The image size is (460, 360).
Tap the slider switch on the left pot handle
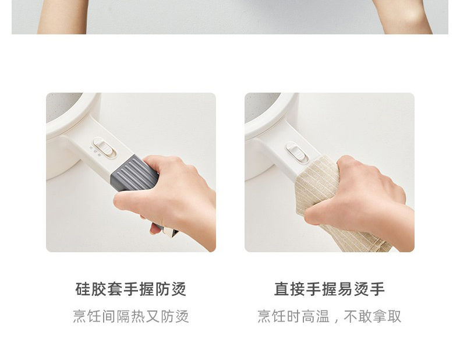tap(104, 147)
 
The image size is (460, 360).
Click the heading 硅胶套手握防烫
tap(131, 289)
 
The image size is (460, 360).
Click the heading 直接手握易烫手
tap(330, 289)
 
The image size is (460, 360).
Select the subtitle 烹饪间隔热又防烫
tap(131, 316)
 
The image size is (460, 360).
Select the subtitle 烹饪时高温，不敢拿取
tap(330, 316)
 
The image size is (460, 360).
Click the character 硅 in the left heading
tap(83, 289)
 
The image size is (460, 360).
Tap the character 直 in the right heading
tap(282, 289)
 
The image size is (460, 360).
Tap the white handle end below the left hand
tap(171, 232)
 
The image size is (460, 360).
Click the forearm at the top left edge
tap(62, 17)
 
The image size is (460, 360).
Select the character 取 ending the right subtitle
tap(394, 316)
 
